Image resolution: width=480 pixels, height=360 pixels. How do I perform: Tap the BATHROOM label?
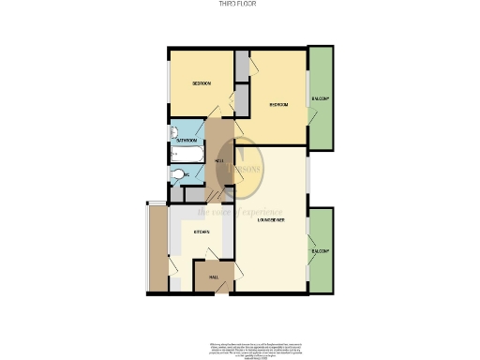(187, 141)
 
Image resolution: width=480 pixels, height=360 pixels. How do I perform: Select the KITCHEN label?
(201, 231)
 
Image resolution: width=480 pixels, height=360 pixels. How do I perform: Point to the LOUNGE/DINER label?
(272, 219)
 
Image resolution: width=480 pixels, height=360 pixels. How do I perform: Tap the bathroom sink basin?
(173, 133)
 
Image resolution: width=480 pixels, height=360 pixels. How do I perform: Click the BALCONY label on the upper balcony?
(322, 98)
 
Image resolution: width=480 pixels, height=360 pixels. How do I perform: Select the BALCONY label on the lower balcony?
(322, 251)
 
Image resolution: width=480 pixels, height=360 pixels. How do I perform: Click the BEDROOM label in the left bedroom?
(202, 84)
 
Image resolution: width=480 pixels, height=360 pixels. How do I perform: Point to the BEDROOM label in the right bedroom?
(278, 105)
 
